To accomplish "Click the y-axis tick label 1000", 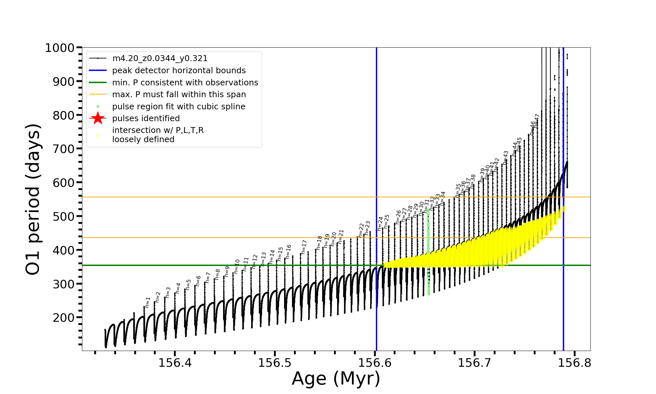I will click(x=60, y=48).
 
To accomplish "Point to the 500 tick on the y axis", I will click(x=64, y=216).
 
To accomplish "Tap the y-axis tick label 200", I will click(x=64, y=317).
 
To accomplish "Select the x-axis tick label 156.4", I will click(x=175, y=363).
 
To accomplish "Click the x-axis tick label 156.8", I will click(x=574, y=363).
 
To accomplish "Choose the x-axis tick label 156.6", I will click(x=375, y=363).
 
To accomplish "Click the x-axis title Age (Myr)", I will click(x=336, y=379).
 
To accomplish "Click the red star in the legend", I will click(x=98, y=118).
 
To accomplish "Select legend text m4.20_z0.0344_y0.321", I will click(x=160, y=58).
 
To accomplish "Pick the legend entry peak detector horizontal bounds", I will click(x=179, y=71).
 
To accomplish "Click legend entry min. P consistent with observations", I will click(x=185, y=82).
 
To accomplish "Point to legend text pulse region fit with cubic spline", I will click(x=179, y=107).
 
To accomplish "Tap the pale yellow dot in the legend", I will click(x=98, y=136).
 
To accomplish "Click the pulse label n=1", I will click(x=148, y=302).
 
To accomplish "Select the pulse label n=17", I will click(x=304, y=247).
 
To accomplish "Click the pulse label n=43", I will click(x=505, y=158).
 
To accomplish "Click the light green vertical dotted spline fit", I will click(x=428, y=250).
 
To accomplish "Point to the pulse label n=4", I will click(x=178, y=288).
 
